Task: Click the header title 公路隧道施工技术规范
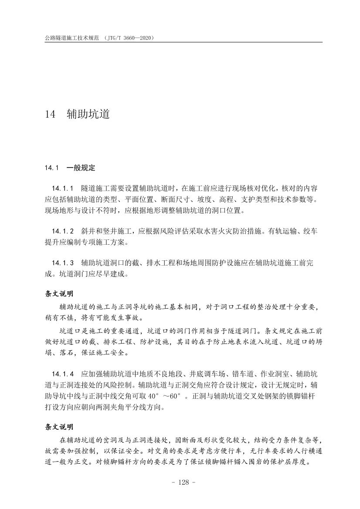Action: [70, 38]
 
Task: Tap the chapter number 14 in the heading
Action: [50, 115]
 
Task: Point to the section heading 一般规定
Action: [81, 167]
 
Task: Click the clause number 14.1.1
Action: [63, 188]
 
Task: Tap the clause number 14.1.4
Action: [63, 374]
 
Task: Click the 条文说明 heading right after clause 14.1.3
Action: [59, 294]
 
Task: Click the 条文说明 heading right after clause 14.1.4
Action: [59, 427]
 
